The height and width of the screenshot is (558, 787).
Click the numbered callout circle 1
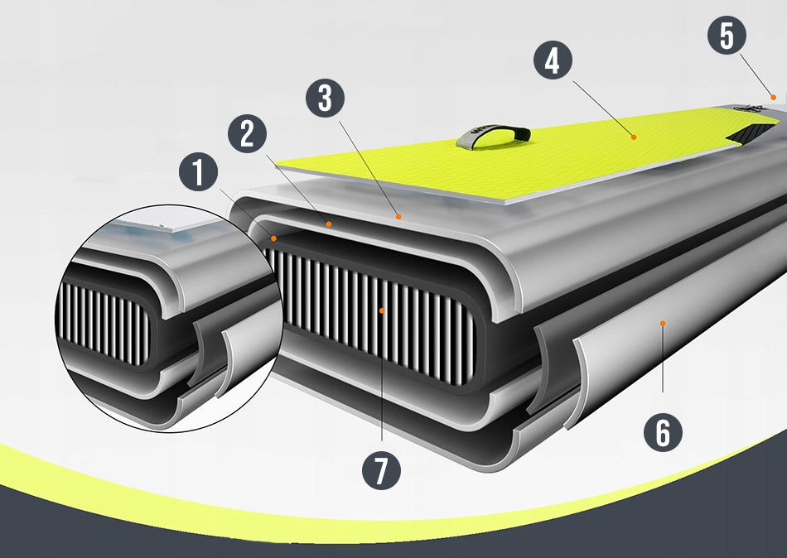pos(198,171)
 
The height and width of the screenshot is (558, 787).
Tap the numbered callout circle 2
pos(247,134)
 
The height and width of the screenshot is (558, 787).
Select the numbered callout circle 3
pos(326,98)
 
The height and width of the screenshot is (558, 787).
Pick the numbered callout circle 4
pos(553,60)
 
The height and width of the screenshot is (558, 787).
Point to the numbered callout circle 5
pos(727,35)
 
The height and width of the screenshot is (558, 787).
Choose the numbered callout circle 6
pos(663,432)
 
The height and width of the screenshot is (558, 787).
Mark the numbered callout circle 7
pos(381,470)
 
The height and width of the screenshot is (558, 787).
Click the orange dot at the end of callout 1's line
pos(273,238)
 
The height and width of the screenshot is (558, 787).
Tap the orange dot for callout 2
pos(329,224)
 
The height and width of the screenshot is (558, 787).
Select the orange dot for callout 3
pos(398,217)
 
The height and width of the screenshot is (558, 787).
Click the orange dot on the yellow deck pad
pos(634,137)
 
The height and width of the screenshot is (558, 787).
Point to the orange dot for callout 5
pos(774,97)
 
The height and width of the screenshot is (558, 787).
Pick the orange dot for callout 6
pos(663,324)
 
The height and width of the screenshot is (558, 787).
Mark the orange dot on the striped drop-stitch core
pos(381,310)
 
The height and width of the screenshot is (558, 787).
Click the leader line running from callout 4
pos(602,108)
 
